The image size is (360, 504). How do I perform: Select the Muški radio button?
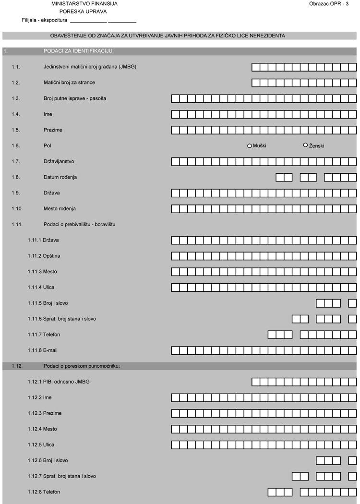[x=250, y=146]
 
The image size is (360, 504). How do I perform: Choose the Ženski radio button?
[x=305, y=145]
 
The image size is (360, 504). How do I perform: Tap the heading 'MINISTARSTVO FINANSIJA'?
[x=84, y=4]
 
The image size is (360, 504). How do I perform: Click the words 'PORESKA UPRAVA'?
[x=83, y=12]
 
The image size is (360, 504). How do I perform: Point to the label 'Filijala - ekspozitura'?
[x=44, y=20]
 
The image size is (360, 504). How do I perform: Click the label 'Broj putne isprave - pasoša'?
[x=75, y=99]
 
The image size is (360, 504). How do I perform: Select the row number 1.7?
[x=16, y=162]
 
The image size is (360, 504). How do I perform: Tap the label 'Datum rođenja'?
[x=60, y=178]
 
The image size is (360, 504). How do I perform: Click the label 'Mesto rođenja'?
[x=60, y=209]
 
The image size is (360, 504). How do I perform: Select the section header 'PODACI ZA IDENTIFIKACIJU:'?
[x=78, y=51]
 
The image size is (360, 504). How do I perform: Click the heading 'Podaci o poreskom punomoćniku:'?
[x=81, y=366]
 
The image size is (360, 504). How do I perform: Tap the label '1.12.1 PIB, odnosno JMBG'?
[x=59, y=382]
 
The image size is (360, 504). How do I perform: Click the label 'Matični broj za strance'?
[x=69, y=83]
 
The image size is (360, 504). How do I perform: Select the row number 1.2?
[x=16, y=83]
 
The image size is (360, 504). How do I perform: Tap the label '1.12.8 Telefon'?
[x=44, y=492]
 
